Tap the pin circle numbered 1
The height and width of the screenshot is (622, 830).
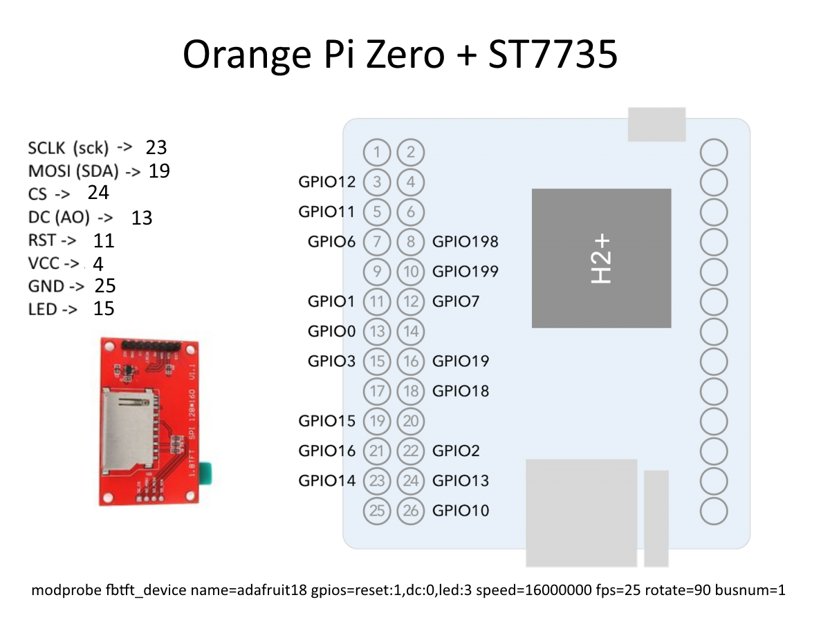377,152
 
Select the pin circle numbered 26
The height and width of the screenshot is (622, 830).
411,511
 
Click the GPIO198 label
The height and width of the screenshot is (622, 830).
465,241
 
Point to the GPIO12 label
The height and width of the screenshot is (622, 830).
326,182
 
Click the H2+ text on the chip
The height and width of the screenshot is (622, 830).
601,258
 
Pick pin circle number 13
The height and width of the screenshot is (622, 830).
377,332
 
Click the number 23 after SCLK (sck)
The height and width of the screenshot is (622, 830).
156,147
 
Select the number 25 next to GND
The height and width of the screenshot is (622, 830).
104,285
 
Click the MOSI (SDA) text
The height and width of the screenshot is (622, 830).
73,171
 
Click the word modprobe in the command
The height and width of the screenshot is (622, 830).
63,591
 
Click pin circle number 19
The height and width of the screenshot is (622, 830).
377,421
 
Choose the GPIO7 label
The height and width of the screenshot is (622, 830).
455,301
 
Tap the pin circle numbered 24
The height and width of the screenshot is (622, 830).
411,480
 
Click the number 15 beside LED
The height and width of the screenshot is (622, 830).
104,308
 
